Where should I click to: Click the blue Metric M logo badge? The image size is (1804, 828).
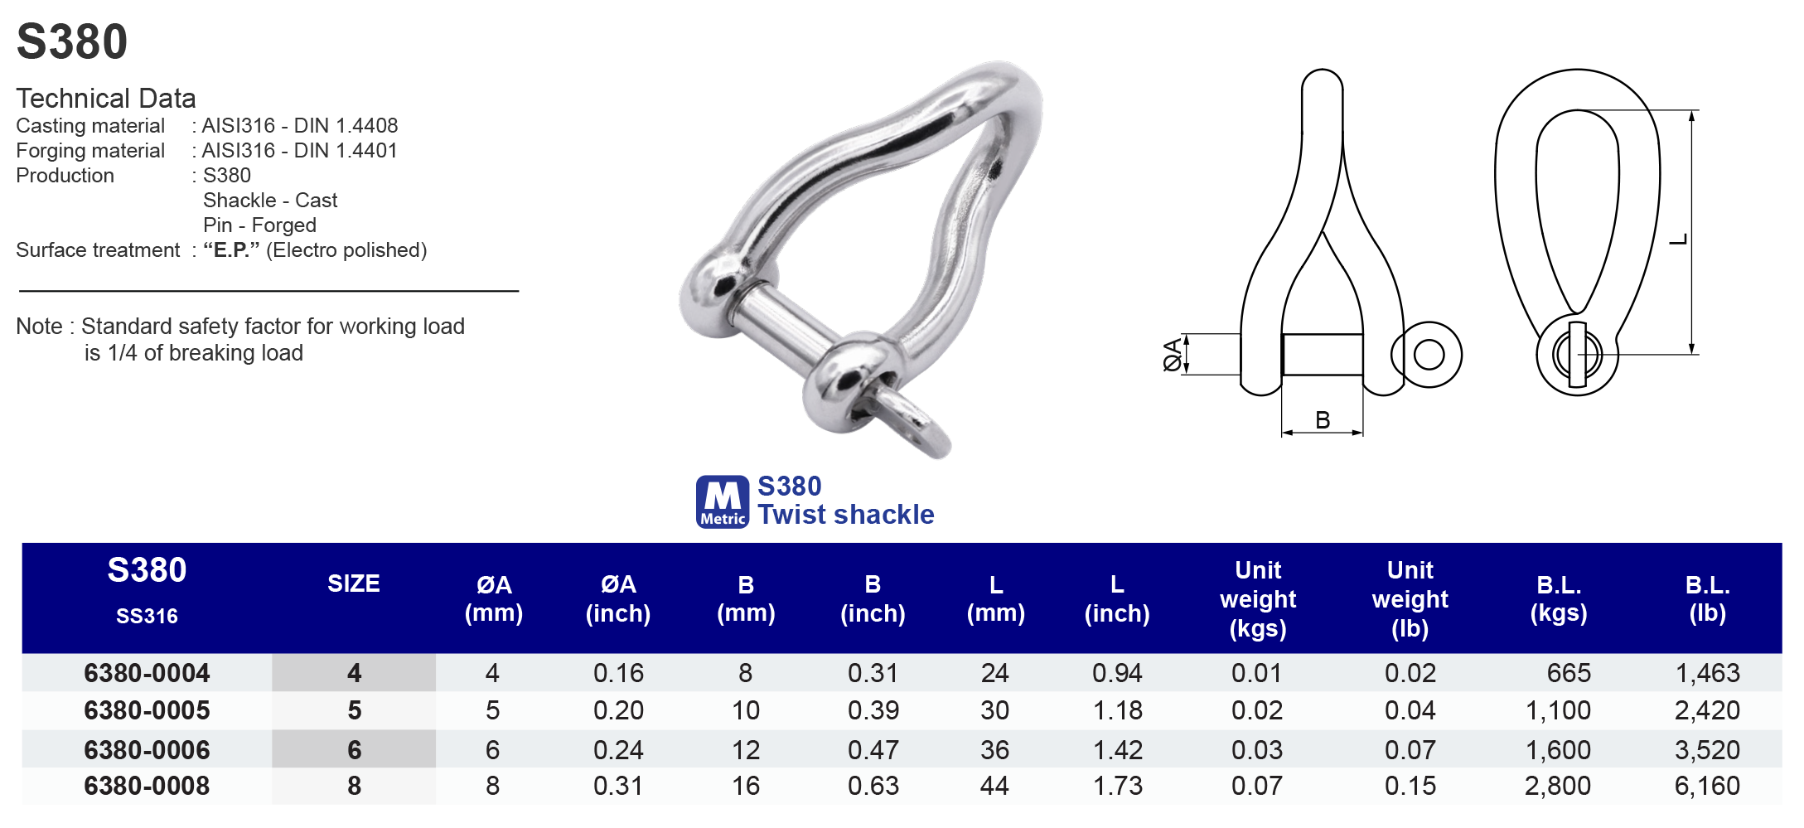(x=723, y=501)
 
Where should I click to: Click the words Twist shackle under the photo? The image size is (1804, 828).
(x=846, y=515)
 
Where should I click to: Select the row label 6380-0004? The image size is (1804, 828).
(x=147, y=673)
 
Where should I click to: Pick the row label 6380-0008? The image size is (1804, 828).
(x=147, y=786)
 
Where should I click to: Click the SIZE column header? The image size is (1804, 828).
(x=354, y=584)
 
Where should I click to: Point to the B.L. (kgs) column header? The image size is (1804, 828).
(x=1559, y=599)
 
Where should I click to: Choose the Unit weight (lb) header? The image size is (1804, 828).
(x=1410, y=599)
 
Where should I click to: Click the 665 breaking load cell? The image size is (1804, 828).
(x=1569, y=673)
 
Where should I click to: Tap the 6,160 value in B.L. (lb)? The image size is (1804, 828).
(x=1707, y=786)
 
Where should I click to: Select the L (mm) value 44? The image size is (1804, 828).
(x=994, y=786)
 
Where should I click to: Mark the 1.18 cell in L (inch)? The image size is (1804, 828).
(x=1117, y=710)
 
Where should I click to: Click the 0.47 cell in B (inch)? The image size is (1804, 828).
(x=873, y=750)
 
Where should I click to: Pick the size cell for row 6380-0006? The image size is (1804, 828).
(x=354, y=750)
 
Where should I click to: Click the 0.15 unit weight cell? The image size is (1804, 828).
(x=1410, y=786)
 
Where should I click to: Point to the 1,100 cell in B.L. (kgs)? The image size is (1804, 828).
(x=1558, y=710)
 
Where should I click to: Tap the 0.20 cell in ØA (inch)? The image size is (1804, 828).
(x=618, y=710)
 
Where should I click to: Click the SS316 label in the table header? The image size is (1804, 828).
(x=147, y=616)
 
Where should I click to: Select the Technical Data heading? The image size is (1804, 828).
(x=106, y=99)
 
